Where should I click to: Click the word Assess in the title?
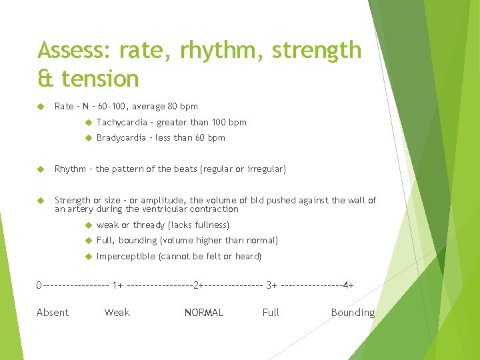click(x=73, y=51)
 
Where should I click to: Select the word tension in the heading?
click(x=100, y=79)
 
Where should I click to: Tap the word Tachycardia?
click(x=121, y=122)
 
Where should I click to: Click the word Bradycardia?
click(x=121, y=138)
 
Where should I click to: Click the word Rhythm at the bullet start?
click(x=70, y=169)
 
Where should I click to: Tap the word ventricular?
click(x=177, y=209)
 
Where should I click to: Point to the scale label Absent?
click(x=53, y=313)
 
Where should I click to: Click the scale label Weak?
click(x=117, y=313)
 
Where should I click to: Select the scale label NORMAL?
click(x=204, y=313)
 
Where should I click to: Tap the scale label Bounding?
click(x=353, y=313)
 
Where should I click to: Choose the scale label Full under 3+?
click(x=271, y=313)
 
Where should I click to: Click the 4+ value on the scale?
click(x=348, y=286)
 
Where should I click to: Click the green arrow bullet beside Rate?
click(x=41, y=106)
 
